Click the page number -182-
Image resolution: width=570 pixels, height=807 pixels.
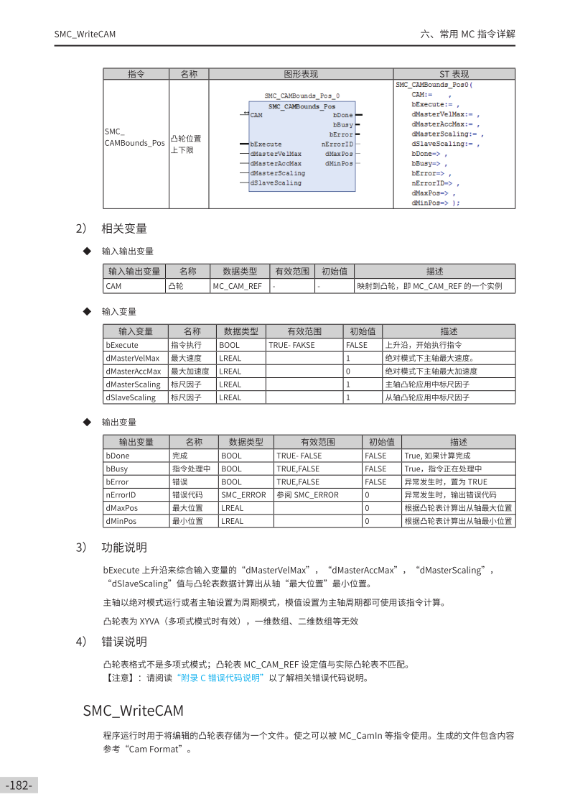pos(19,785)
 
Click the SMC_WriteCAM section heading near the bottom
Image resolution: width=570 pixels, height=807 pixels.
pos(133,711)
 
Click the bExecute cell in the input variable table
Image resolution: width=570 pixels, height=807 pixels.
pos(123,345)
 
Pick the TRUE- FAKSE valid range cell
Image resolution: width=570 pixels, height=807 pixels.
pos(292,345)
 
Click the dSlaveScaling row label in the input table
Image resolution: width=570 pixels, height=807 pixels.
pos(131,397)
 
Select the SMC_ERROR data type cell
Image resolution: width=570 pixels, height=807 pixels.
pos(243,494)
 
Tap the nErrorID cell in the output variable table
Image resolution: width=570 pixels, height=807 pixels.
pos(121,494)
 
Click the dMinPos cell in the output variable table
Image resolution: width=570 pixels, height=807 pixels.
pos(121,521)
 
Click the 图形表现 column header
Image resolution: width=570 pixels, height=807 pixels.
pos(301,74)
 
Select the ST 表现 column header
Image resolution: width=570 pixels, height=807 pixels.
pos(454,74)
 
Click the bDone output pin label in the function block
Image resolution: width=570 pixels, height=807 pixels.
pos(343,115)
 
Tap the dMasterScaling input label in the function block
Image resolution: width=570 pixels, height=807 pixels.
pos(278,173)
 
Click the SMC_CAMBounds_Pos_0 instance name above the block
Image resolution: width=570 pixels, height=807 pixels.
pos(302,96)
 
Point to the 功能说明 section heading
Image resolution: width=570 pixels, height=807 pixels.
pos(124,548)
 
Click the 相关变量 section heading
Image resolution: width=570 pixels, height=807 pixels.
pos(124,229)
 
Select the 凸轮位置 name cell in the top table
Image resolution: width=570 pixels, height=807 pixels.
pos(185,139)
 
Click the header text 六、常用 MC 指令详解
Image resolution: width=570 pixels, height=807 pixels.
pos(467,34)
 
